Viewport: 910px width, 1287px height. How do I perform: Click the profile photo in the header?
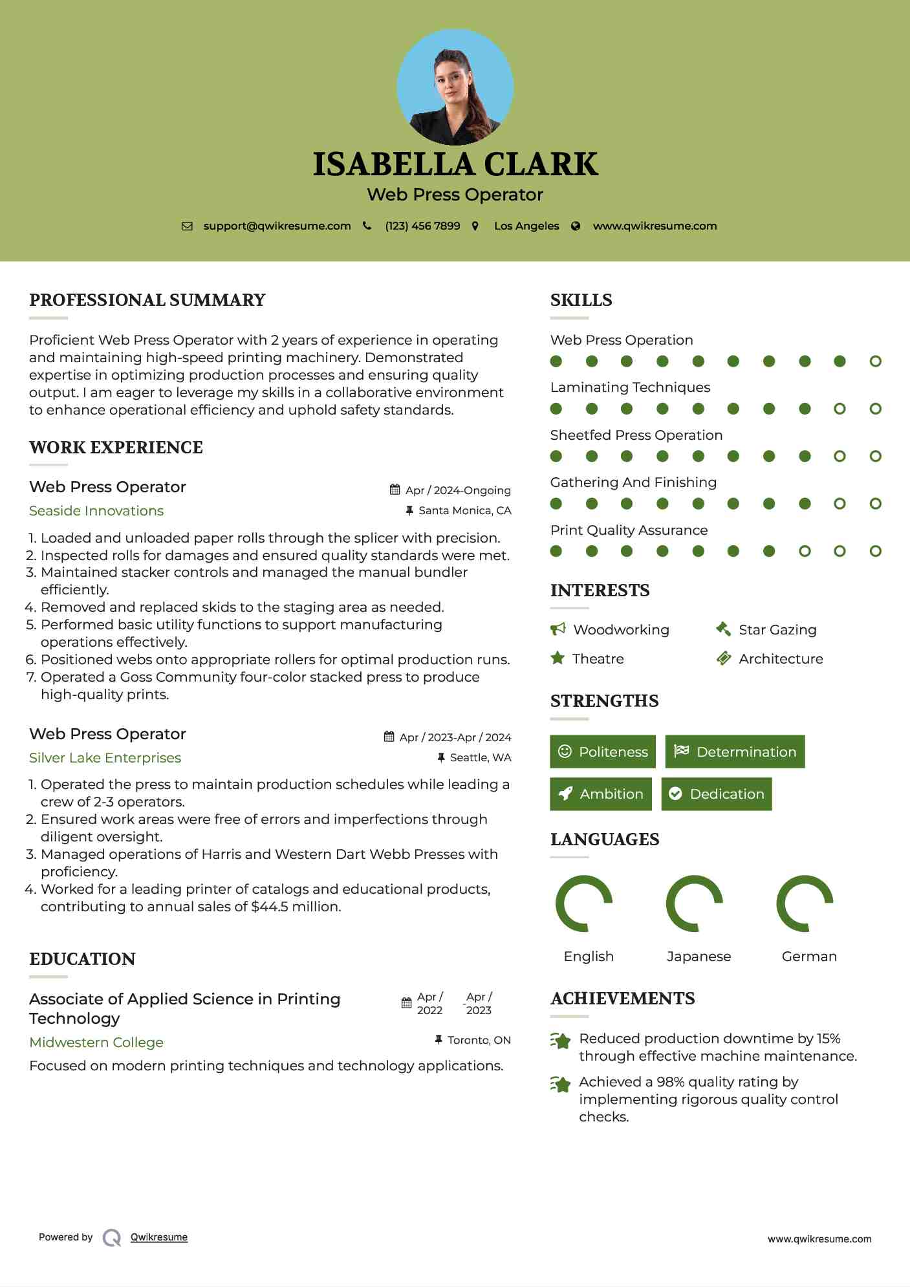point(455,87)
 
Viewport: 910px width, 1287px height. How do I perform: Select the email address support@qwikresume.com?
point(277,226)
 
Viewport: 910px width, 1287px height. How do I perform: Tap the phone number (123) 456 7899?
point(422,226)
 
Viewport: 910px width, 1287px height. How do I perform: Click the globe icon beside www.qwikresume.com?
point(576,226)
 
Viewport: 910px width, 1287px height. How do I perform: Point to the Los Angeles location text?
point(526,226)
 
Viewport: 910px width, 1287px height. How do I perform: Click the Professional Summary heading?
point(147,300)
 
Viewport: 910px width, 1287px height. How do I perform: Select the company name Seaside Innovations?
point(96,511)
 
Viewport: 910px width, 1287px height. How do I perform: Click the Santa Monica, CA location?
point(464,510)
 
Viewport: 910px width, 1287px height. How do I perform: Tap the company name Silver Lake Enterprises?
point(105,757)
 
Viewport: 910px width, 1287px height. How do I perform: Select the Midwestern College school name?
point(96,1042)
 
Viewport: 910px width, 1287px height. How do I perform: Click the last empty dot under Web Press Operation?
point(875,361)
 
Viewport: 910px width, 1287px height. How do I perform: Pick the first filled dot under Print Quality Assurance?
point(556,551)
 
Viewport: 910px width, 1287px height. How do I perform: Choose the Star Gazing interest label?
point(777,629)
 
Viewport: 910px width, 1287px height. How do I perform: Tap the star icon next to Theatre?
point(557,658)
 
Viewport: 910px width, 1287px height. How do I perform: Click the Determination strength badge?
point(735,752)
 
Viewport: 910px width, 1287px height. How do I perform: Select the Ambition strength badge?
point(601,794)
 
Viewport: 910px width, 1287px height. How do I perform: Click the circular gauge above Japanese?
point(694,903)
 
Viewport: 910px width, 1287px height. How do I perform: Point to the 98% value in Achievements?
point(670,1081)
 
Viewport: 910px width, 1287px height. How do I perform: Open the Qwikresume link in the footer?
point(159,1237)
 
